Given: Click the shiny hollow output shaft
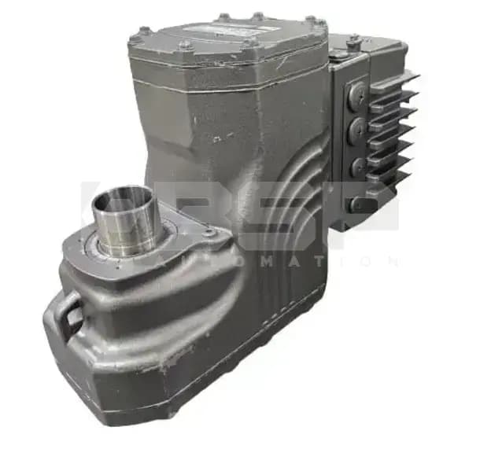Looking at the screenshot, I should [x=129, y=224].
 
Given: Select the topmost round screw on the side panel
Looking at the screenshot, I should [x=357, y=94].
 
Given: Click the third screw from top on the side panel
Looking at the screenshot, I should [x=357, y=165].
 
